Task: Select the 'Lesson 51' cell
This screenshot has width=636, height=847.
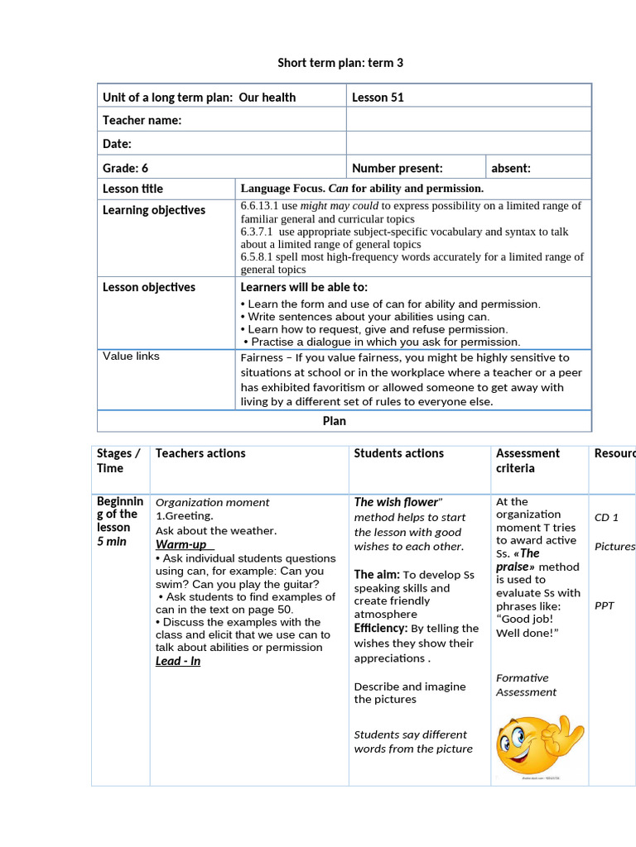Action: (378, 98)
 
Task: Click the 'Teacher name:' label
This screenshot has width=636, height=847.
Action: (142, 121)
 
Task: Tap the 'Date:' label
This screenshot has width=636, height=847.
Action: (117, 144)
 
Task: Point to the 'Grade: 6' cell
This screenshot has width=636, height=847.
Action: (125, 168)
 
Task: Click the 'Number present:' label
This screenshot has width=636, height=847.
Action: (397, 168)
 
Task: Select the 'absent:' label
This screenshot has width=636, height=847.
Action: (511, 168)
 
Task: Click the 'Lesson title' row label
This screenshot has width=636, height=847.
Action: (132, 189)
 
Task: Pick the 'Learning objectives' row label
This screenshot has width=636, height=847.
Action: (153, 210)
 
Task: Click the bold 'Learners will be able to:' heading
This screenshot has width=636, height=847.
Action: (304, 287)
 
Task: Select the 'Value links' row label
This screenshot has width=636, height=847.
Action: (131, 357)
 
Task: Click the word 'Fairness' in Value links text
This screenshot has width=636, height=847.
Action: (262, 358)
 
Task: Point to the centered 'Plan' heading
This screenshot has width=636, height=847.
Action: (334, 421)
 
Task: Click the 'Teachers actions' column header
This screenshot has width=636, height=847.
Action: (200, 453)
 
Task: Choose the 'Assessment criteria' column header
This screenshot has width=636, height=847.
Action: (528, 461)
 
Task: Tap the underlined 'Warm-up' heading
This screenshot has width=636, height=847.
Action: (181, 544)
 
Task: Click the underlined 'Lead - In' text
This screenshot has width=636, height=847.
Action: (178, 661)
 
